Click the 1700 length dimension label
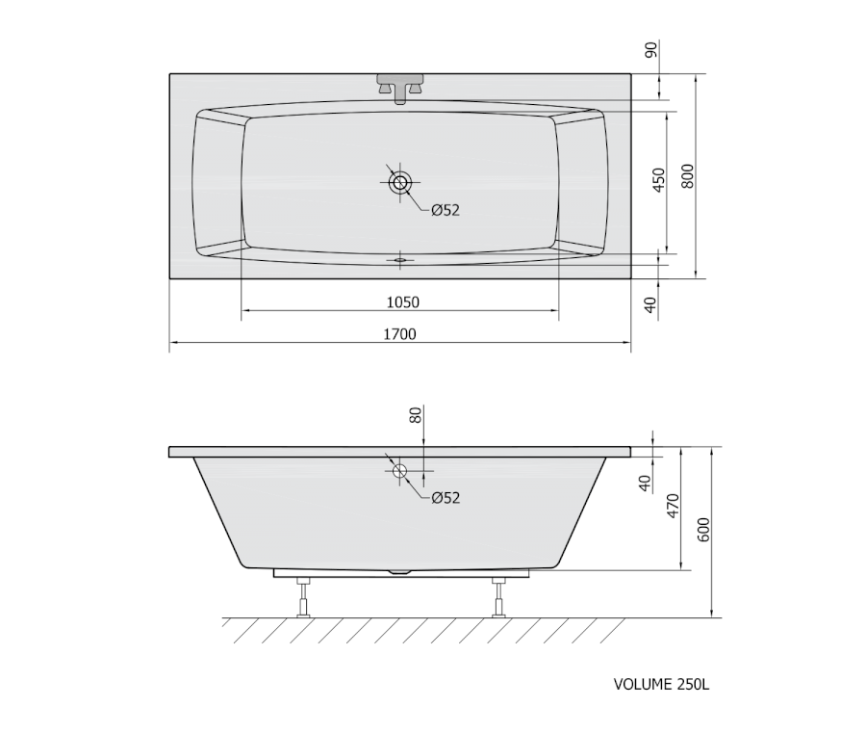pos(399,334)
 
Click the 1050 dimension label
pos(402,302)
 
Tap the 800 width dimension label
pos(687,176)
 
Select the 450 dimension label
pos(659,180)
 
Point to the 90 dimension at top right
pos(651,50)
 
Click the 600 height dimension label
pos(703,529)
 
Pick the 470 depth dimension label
pos(673,506)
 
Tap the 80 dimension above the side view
pos(416,414)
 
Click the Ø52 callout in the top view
pos(446,210)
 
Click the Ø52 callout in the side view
pos(446,498)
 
